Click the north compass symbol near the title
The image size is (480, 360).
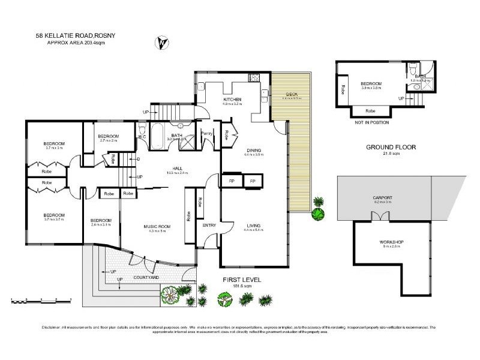161,43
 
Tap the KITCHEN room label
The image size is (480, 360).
232,99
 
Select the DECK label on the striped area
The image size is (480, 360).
292,94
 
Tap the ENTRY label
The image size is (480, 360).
209,226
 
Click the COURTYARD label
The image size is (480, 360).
146,277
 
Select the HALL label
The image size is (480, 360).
178,169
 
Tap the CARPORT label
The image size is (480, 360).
382,197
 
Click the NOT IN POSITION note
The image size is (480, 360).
372,122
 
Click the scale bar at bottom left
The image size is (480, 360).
41,298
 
